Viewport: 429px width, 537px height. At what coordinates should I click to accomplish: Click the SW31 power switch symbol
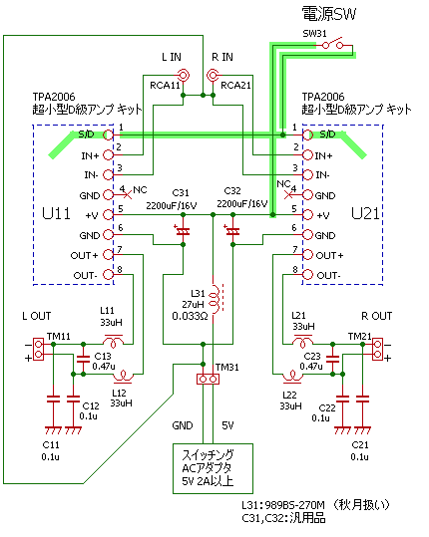pyautogui.click(x=332, y=43)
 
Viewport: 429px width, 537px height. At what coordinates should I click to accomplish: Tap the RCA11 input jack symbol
pyautogui.click(x=184, y=75)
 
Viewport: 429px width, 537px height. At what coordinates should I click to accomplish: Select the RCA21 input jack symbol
pyautogui.click(x=213, y=75)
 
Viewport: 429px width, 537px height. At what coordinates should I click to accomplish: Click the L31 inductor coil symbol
pyautogui.click(x=215, y=299)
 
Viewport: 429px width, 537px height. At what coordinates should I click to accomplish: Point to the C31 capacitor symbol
pyautogui.click(x=183, y=231)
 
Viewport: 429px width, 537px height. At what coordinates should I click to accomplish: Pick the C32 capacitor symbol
pyautogui.click(x=232, y=231)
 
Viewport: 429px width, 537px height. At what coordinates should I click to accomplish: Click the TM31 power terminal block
pyautogui.click(x=208, y=379)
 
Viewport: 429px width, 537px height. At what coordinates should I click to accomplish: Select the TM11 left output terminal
pyautogui.click(x=38, y=349)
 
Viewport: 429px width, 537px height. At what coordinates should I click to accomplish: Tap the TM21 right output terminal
pyautogui.click(x=377, y=349)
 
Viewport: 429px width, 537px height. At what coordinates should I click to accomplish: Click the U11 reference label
pyautogui.click(x=56, y=213)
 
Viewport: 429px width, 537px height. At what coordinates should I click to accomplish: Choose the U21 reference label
pyautogui.click(x=366, y=213)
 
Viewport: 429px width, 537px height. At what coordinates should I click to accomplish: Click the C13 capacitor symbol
pyautogui.click(x=83, y=359)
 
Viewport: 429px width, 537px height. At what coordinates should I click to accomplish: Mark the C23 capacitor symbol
pyautogui.click(x=332, y=359)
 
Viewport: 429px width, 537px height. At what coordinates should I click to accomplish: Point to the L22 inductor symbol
pyautogui.click(x=292, y=377)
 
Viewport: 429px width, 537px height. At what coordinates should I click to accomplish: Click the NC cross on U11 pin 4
pyautogui.click(x=128, y=195)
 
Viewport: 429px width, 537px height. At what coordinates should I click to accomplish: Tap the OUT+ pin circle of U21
pyautogui.click(x=307, y=255)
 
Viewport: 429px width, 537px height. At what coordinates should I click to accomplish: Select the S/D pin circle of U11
pyautogui.click(x=108, y=134)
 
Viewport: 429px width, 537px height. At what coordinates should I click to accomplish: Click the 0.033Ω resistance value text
pyautogui.click(x=190, y=316)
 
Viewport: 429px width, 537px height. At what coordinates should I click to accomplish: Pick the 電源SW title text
pyautogui.click(x=329, y=14)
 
